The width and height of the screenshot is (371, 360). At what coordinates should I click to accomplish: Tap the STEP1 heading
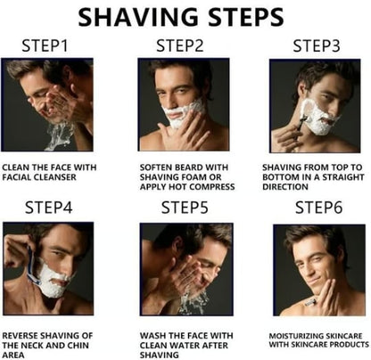point(45,45)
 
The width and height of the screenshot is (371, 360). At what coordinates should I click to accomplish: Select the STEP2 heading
point(180,45)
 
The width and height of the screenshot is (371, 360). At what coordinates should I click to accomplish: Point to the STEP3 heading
point(317,46)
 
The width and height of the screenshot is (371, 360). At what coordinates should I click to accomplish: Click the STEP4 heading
point(49,208)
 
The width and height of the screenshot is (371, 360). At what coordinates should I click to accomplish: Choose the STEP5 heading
point(185,208)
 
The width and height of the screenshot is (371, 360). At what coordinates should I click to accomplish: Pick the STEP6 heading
point(318,208)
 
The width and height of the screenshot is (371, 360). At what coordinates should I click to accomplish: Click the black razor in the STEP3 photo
point(301,124)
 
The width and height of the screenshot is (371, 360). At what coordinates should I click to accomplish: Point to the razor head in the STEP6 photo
point(309,303)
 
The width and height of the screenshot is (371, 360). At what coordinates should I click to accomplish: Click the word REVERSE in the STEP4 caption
point(20,336)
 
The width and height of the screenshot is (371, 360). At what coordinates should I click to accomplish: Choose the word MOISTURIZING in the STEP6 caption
point(295,336)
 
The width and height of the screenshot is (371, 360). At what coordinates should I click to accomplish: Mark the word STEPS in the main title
point(246,17)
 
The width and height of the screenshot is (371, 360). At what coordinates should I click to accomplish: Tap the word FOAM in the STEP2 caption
point(194,177)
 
